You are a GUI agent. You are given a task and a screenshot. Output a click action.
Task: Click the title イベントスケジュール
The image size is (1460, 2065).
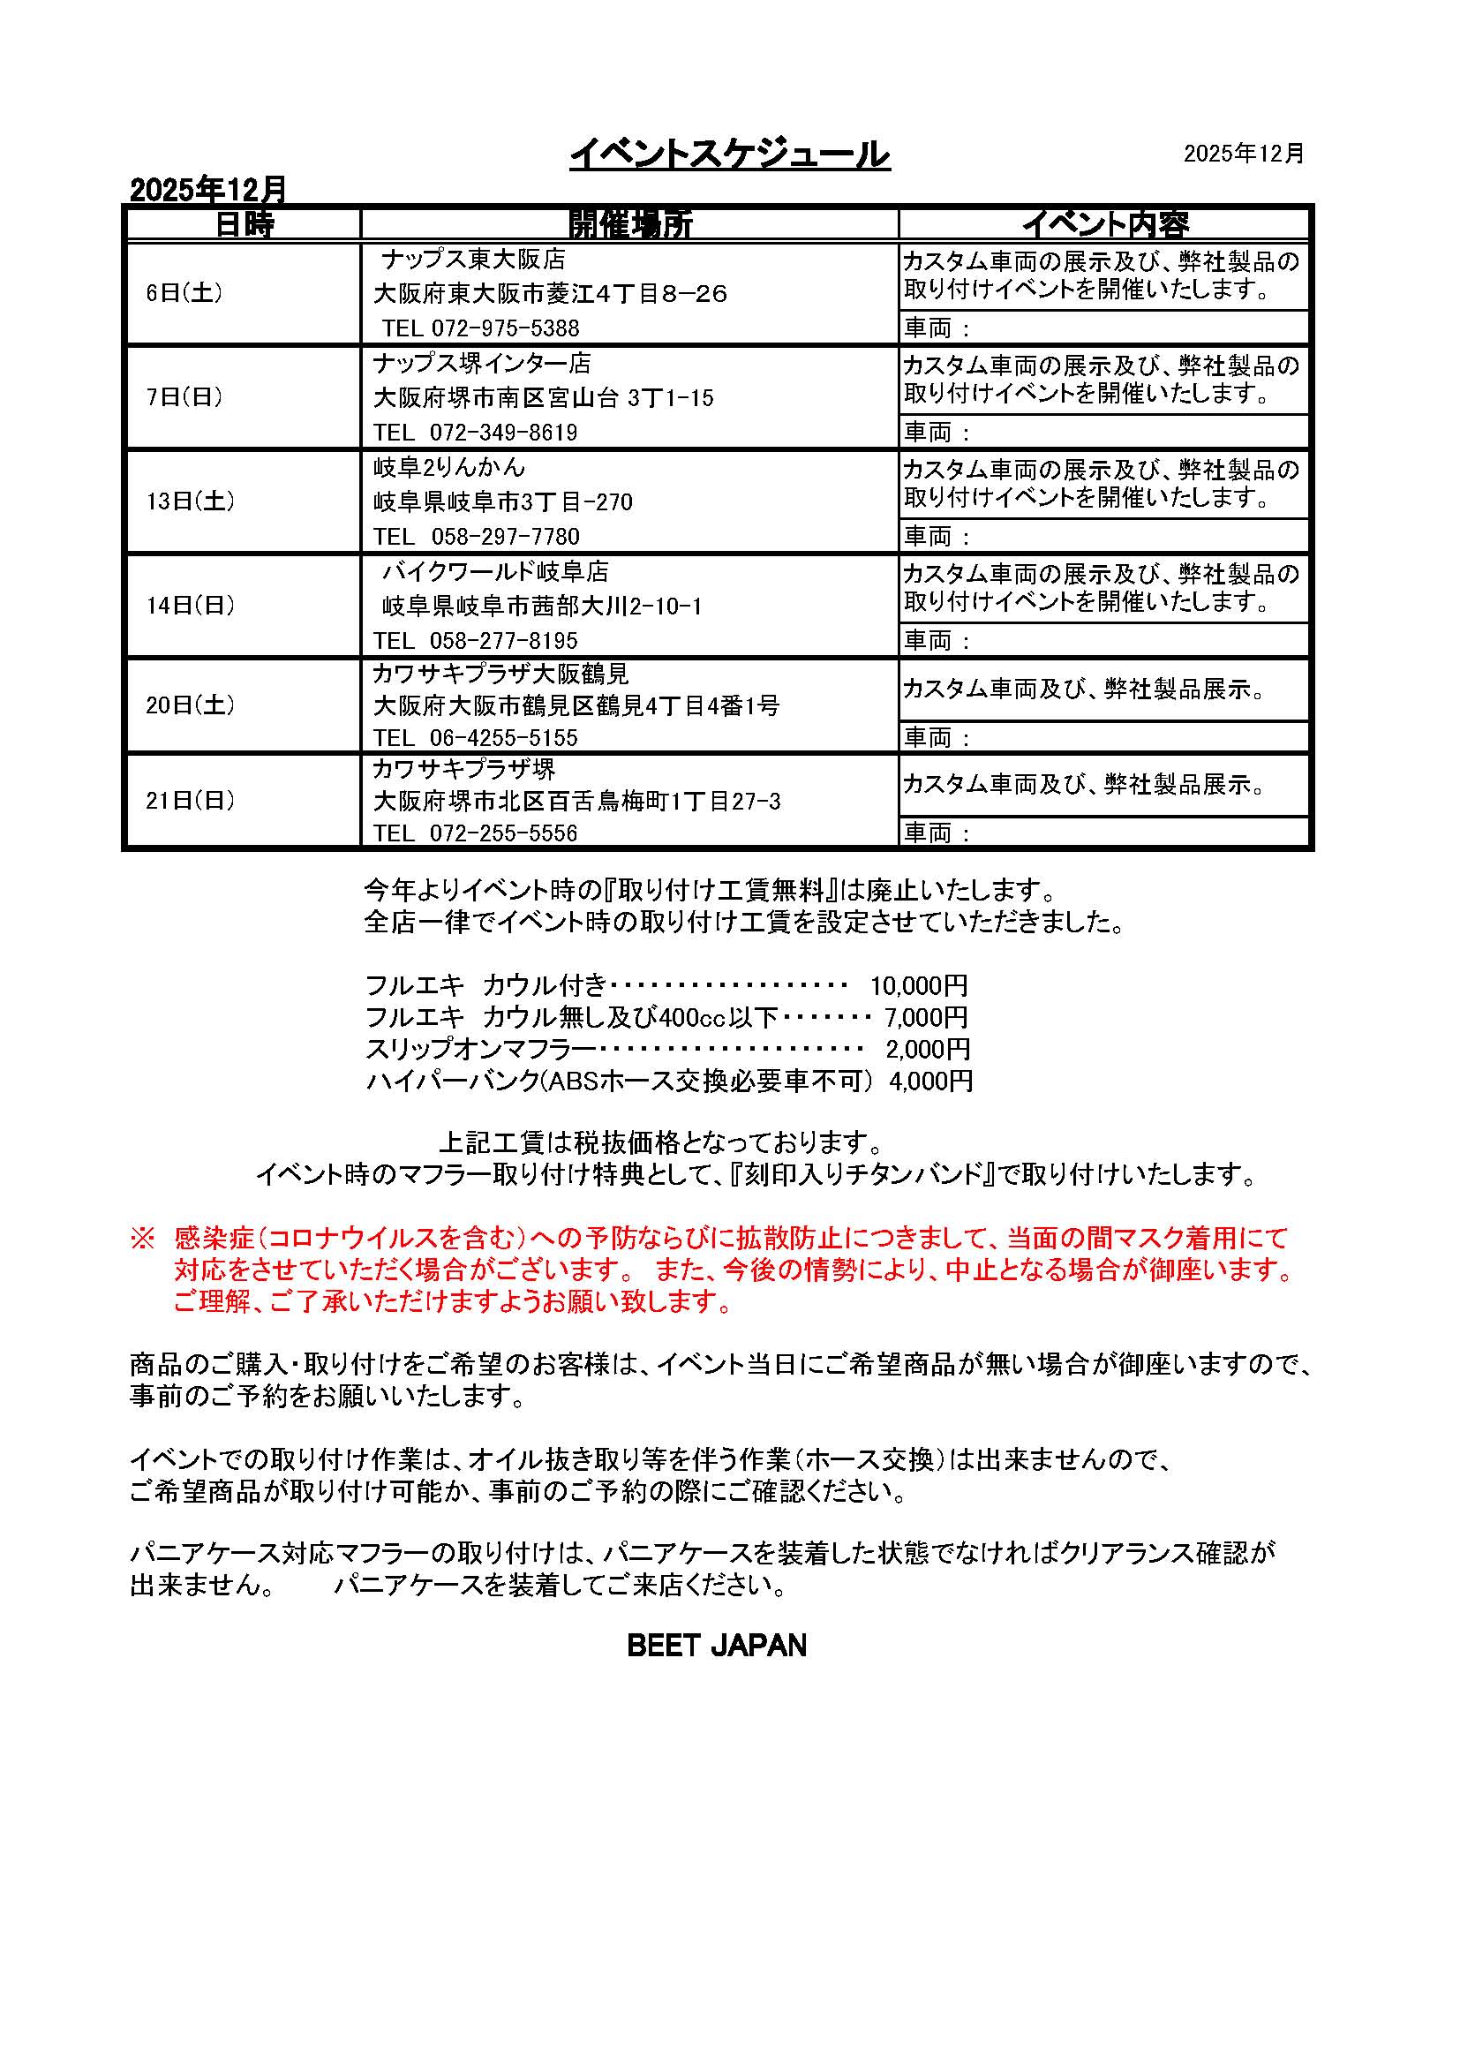(x=729, y=154)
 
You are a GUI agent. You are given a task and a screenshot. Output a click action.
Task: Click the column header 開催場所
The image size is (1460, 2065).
(x=629, y=224)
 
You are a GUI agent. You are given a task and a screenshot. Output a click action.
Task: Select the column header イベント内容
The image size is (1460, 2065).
(x=1104, y=224)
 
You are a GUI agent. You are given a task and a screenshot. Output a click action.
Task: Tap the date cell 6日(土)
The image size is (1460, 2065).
(x=184, y=293)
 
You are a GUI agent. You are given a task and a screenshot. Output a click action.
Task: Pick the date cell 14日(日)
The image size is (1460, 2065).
(x=191, y=606)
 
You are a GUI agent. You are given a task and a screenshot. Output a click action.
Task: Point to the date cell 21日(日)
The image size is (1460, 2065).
(x=191, y=800)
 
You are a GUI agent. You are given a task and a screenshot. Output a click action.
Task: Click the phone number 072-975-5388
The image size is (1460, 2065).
(x=505, y=328)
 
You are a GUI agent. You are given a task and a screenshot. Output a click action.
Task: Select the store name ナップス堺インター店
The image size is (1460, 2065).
(x=482, y=364)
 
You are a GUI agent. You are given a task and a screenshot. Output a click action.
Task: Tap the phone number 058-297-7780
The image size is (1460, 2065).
(x=505, y=537)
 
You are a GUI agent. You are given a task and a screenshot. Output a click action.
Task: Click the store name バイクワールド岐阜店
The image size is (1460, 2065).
(x=495, y=572)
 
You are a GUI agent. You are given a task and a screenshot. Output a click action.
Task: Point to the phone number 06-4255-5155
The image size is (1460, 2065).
(x=503, y=738)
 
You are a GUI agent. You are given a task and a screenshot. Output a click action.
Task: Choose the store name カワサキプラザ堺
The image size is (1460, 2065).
(x=464, y=769)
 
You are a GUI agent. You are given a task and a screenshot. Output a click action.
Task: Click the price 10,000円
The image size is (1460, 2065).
(x=918, y=986)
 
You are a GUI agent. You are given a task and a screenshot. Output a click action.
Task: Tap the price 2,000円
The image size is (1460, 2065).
(x=927, y=1049)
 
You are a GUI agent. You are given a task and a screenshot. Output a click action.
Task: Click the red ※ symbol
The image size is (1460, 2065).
(x=143, y=1239)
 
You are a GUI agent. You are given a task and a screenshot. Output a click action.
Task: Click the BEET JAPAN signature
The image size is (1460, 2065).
(x=717, y=1646)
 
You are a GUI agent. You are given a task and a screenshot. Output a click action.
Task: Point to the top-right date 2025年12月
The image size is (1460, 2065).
(x=1244, y=154)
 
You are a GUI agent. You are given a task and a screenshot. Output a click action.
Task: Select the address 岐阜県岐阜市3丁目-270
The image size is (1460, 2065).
(x=502, y=501)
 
